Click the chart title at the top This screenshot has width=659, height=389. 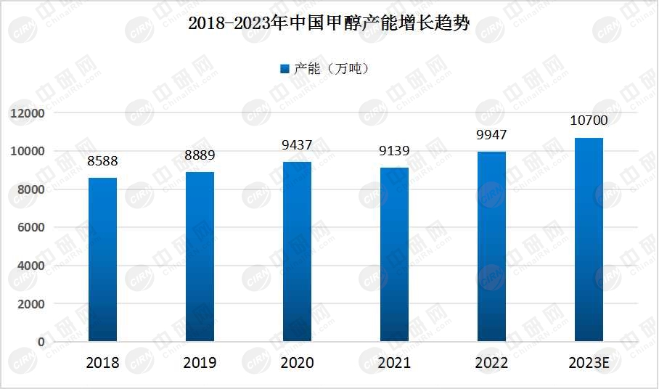[329, 24]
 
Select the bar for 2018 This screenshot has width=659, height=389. [102, 259]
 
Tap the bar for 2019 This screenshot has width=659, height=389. [200, 256]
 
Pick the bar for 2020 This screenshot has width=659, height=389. [297, 251]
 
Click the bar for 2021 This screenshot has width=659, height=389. [394, 254]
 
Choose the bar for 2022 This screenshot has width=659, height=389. [491, 246]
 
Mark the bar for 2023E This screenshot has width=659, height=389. [589, 239]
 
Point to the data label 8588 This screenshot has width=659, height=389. [102, 161]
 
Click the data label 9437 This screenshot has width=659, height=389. [297, 145]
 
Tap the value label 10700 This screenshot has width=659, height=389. [589, 120]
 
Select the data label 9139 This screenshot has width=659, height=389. [394, 151]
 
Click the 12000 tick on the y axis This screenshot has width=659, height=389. [28, 113]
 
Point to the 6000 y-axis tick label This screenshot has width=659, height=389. [30, 227]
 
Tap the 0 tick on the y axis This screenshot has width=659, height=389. [41, 341]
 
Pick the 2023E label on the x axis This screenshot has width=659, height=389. [589, 362]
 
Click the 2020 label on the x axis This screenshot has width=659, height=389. [297, 362]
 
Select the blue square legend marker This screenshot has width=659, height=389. [285, 69]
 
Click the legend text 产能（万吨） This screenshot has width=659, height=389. [331, 69]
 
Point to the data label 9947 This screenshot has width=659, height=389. [491, 135]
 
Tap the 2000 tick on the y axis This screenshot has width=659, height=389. [30, 303]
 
